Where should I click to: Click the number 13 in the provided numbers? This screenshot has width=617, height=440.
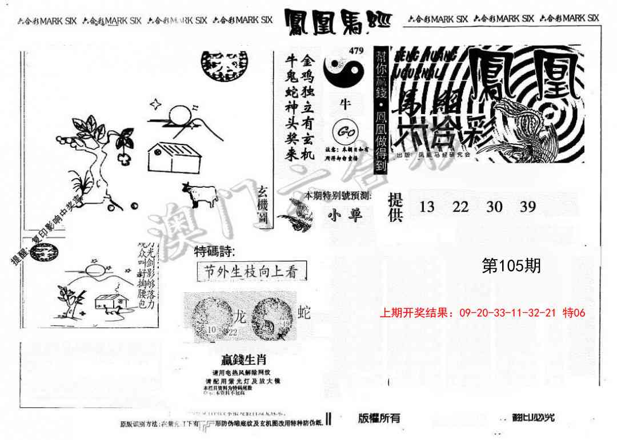[427, 207]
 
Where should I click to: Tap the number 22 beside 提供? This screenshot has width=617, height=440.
[460, 207]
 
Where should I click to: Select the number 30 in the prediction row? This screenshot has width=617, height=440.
[494, 207]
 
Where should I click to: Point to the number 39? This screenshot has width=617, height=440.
[528, 207]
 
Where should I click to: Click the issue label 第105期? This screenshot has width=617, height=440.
[511, 266]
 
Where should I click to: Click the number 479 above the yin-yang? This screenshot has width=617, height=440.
[355, 51]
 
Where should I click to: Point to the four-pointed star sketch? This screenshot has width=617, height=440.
[155, 104]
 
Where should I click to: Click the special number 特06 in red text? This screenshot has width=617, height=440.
[574, 313]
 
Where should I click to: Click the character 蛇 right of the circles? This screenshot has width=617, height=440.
[305, 312]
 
